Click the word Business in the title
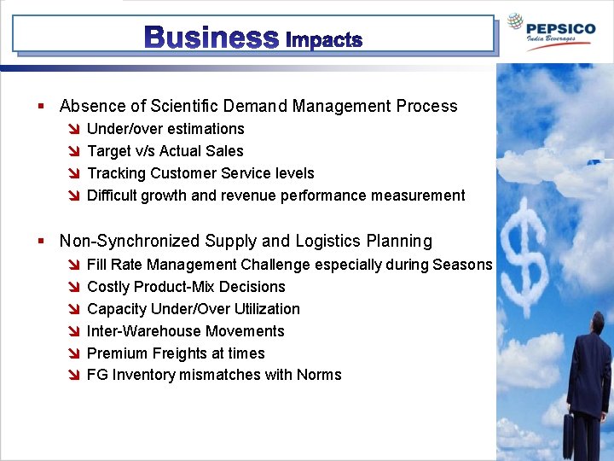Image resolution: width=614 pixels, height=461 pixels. (x=211, y=38)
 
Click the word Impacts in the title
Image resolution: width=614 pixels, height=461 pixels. (x=324, y=39)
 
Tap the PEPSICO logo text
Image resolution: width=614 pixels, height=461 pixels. (x=560, y=28)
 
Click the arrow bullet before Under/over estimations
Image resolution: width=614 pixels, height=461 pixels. (x=74, y=130)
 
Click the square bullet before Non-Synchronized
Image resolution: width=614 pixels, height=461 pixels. (x=41, y=242)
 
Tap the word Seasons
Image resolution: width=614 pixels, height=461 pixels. (x=462, y=265)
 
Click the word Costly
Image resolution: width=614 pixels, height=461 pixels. (x=107, y=287)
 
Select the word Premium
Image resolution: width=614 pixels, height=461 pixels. (x=116, y=353)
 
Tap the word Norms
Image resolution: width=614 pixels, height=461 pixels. (x=319, y=376)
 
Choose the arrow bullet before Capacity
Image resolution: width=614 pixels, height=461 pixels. (x=74, y=310)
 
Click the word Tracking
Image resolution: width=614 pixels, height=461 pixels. (x=116, y=173)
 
